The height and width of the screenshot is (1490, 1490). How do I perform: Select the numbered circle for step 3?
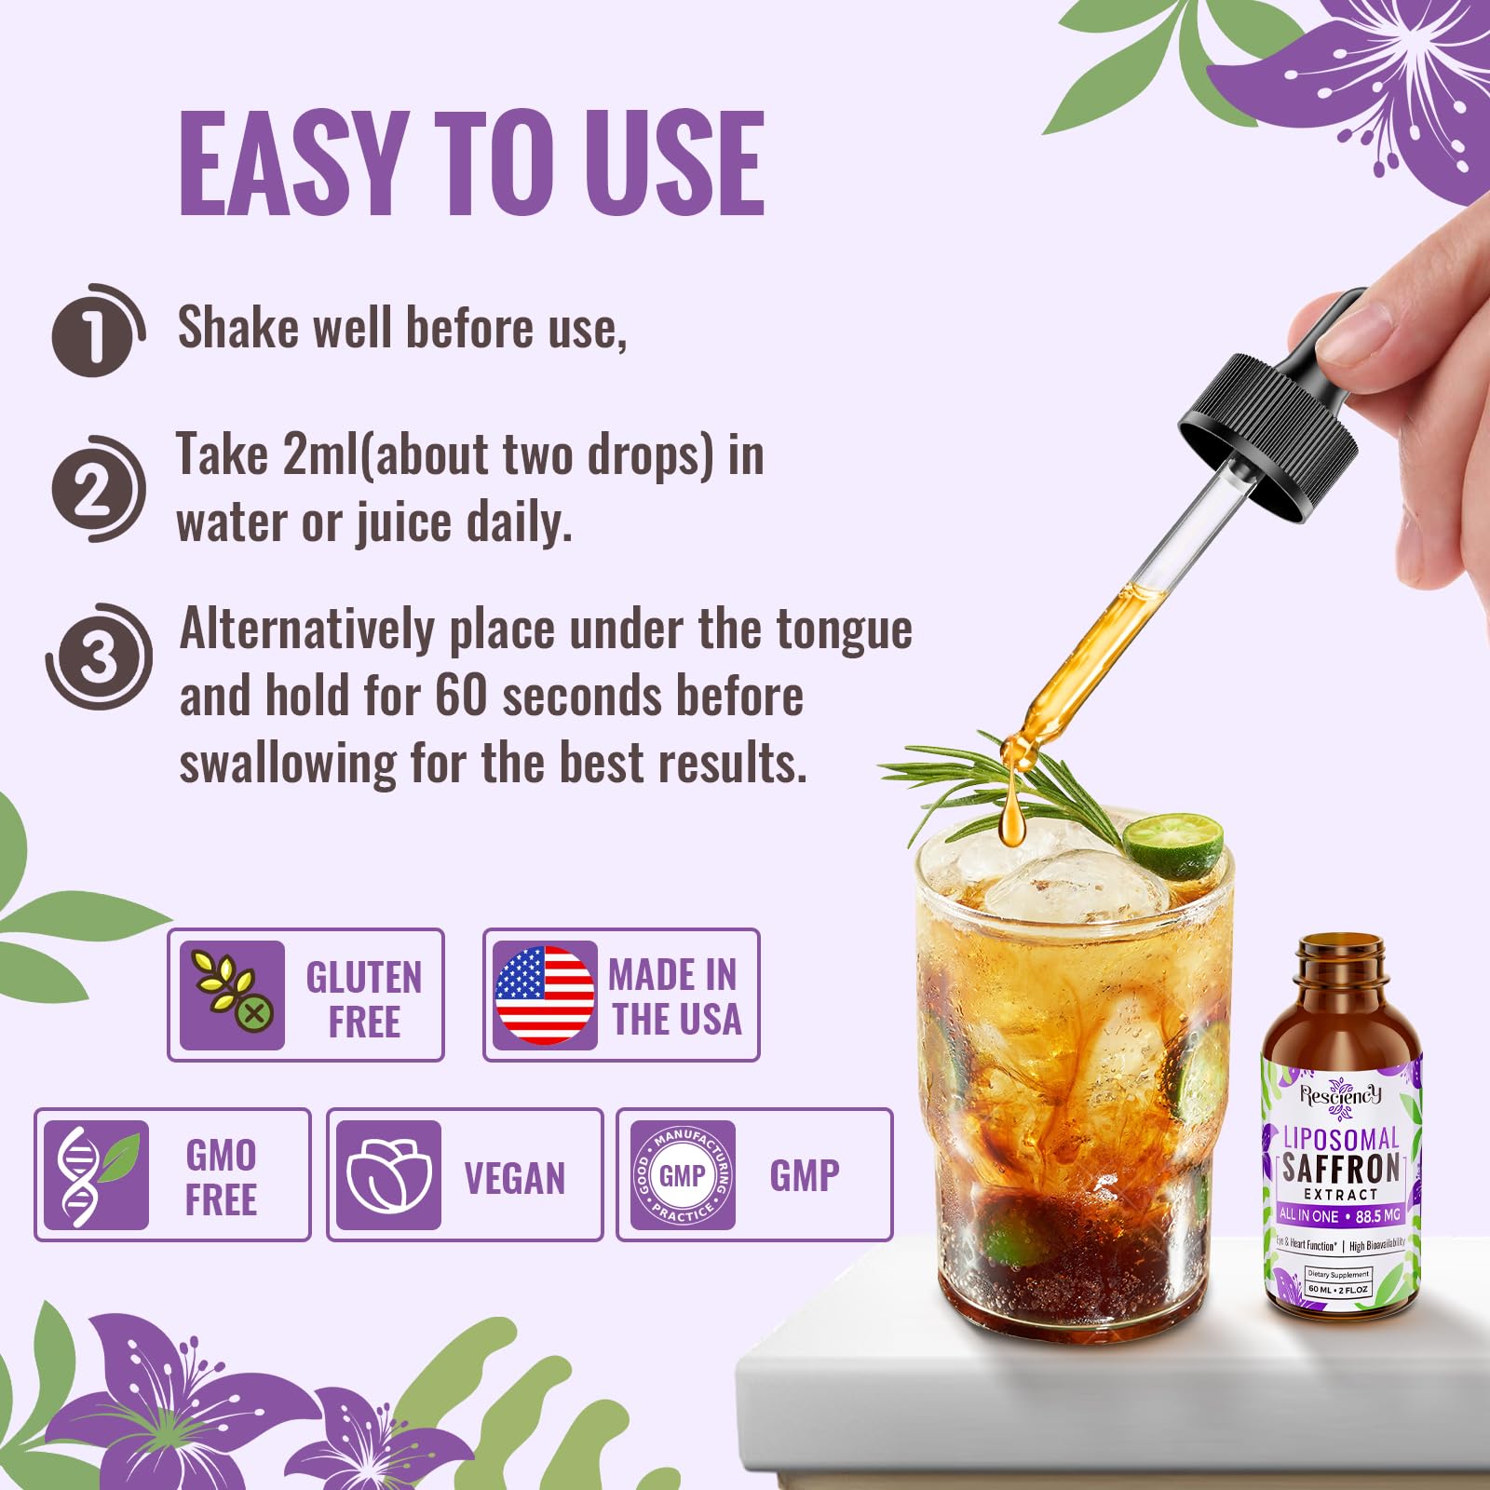point(98,657)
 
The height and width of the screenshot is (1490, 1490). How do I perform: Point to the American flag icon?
point(544,996)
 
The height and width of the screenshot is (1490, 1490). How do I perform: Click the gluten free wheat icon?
point(232,996)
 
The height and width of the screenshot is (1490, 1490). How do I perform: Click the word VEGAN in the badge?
point(514,1178)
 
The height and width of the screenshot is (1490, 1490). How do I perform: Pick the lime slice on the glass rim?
point(1173,846)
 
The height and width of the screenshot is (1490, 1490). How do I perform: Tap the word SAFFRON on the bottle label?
point(1341,1168)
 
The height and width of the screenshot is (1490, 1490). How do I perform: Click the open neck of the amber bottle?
point(1341,952)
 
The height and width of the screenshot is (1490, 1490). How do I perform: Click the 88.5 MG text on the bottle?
point(1377,1215)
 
